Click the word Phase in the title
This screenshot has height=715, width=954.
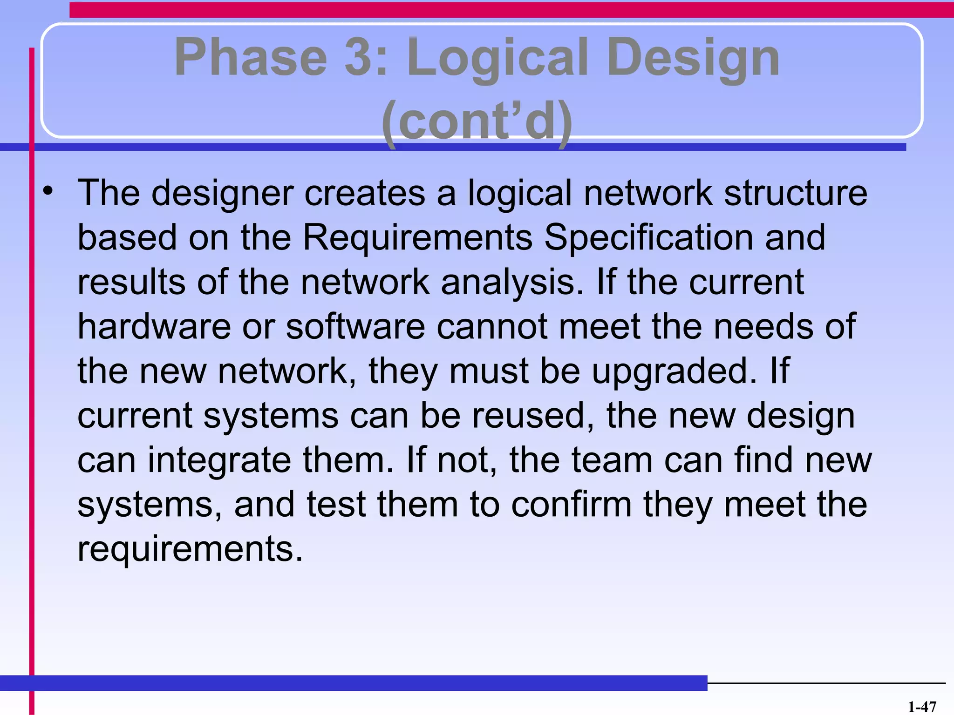point(251,58)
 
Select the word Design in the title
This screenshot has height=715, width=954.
point(693,58)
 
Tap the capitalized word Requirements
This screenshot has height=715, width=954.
point(418,237)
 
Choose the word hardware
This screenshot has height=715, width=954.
point(154,326)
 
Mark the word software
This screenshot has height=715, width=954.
point(355,326)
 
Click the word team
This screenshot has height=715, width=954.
point(612,460)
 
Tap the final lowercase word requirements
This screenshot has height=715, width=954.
point(190,549)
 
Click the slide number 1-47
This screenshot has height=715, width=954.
point(922,707)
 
